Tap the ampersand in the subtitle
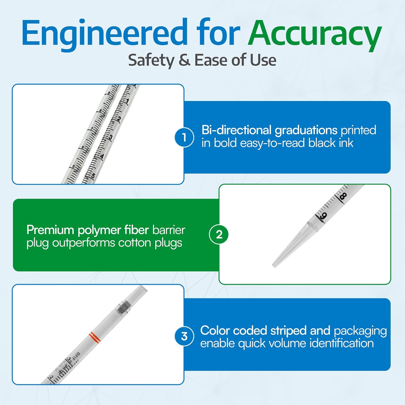pyautogui.click(x=184, y=60)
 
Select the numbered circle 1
pyautogui.click(x=184, y=137)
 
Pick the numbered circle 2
pyautogui.click(x=219, y=234)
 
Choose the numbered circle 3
pyautogui.click(x=184, y=336)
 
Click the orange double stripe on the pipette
pyautogui.click(x=95, y=337)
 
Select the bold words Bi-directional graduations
pyautogui.click(x=269, y=130)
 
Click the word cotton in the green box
pyautogui.click(x=135, y=243)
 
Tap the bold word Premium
pyautogui.click(x=50, y=230)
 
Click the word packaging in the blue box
pyautogui.click(x=360, y=331)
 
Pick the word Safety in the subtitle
pyautogui.click(x=151, y=60)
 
